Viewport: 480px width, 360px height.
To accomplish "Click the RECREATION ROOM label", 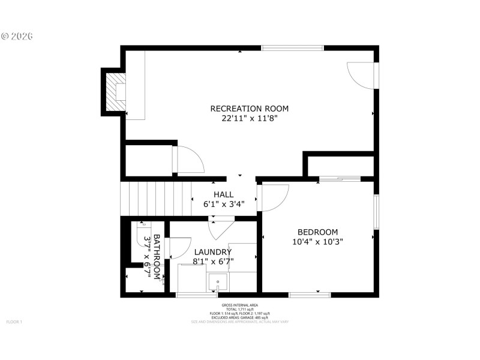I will [x=249, y=109].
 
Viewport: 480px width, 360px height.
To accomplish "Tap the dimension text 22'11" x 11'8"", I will [x=249, y=119].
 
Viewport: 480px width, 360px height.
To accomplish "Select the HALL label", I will [x=224, y=194].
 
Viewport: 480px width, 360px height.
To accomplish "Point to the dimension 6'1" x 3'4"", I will [x=224, y=204].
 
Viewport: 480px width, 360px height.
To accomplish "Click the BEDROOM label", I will [x=317, y=232].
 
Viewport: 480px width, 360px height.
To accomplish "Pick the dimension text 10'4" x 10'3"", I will [x=317, y=242].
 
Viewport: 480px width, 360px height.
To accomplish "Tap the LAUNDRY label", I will [x=212, y=252].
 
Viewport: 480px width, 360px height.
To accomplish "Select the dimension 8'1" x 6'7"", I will [x=212, y=262].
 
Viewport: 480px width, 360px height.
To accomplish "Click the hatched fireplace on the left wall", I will [x=113, y=91].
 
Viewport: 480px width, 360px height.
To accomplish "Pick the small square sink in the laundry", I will [x=217, y=280].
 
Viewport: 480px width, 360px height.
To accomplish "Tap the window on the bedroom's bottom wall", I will [x=310, y=294].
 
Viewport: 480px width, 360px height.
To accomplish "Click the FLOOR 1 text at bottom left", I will [x=14, y=322].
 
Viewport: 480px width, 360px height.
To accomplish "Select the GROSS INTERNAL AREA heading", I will [x=240, y=305].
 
